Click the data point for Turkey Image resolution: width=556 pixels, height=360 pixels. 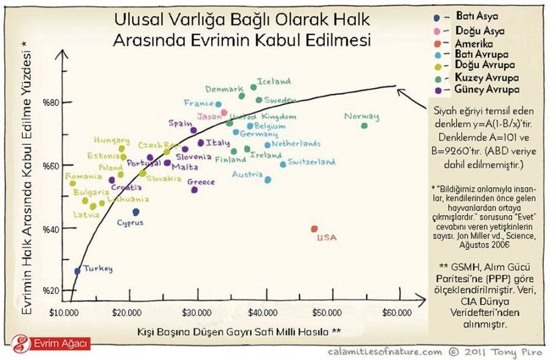pyautogui.click(x=77, y=271)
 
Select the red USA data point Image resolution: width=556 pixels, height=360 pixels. pyautogui.click(x=314, y=229)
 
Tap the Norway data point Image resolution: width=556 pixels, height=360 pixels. pyautogui.click(x=365, y=126)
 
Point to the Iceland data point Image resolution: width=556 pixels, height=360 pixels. pyautogui.click(x=253, y=87)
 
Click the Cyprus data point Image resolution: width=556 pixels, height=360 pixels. pyautogui.click(x=135, y=212)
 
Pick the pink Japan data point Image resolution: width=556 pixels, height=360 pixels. pyautogui.click(x=224, y=113)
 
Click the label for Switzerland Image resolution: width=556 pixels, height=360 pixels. pyautogui.click(x=311, y=162)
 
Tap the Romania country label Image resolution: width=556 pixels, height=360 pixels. pyautogui.click(x=84, y=175)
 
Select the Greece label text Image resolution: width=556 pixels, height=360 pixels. pyautogui.click(x=201, y=182)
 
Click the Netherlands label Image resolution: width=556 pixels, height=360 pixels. pyautogui.click(x=296, y=144)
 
